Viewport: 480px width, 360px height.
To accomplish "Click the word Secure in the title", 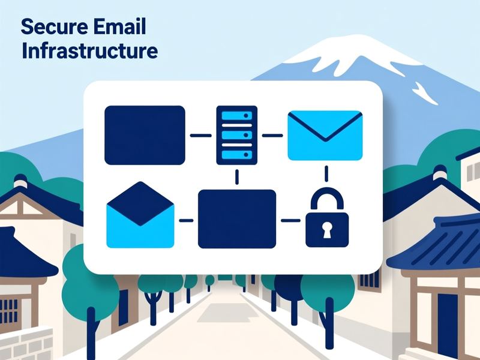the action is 55,26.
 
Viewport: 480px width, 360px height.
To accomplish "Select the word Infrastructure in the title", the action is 89,51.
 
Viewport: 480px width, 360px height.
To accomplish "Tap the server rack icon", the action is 236,136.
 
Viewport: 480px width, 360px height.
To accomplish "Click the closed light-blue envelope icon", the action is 325,136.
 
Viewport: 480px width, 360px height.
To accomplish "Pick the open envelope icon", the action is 140,215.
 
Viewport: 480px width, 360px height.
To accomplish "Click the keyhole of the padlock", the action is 327,230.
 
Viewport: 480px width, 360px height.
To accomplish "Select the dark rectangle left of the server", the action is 145,136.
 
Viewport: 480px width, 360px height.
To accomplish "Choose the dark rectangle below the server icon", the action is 237,219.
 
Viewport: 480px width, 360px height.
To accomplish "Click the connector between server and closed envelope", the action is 272,136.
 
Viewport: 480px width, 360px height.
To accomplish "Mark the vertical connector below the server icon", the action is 236,177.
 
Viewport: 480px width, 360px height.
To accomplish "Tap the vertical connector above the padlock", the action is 326,173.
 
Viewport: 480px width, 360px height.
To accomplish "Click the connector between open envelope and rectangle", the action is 186,220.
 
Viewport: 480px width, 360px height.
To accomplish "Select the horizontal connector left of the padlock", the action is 290,220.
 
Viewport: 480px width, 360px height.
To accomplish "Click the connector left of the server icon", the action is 201,136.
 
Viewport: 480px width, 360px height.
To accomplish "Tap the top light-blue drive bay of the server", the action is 236,115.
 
